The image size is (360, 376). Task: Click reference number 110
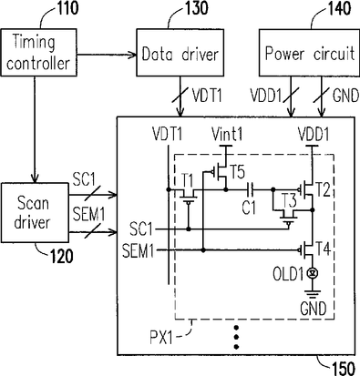[x=67, y=8]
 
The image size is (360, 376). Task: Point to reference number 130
[x=197, y=8]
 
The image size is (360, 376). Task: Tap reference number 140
[x=340, y=8]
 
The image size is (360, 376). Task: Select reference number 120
[x=62, y=257]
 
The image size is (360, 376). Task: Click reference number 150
[x=344, y=369]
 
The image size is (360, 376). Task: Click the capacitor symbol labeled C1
[x=251, y=189]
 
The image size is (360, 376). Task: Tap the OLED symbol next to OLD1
[x=312, y=273]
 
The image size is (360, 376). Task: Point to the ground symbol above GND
[x=312, y=295]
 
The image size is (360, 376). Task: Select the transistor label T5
[x=237, y=172]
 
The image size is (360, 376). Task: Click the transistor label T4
[x=323, y=249]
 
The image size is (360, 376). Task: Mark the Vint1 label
[x=227, y=135]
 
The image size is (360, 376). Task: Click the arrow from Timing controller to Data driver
[x=107, y=55]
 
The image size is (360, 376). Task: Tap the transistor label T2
[x=323, y=190]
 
